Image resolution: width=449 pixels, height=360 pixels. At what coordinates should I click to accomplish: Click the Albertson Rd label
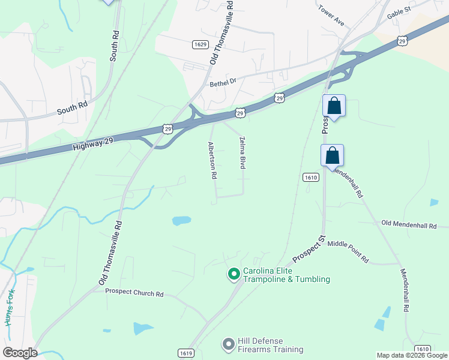pos(212,161)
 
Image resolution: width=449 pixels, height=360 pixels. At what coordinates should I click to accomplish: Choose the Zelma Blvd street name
pos(243,152)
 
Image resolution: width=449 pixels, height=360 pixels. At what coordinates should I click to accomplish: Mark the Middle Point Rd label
pos(348,256)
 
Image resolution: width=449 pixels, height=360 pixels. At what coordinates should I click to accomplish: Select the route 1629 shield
pos(200,44)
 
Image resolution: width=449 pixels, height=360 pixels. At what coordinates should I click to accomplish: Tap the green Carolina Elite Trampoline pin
pos(234,275)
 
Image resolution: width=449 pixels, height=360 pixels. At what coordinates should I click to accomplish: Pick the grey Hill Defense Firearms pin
pos(228,344)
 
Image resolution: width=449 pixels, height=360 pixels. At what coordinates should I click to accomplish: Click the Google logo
pos(20,353)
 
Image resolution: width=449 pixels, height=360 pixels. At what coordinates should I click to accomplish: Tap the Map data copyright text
pos(412,355)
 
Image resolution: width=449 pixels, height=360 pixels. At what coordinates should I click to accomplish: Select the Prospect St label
pos(309,249)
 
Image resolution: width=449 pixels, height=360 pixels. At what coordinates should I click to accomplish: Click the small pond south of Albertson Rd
pos(181,221)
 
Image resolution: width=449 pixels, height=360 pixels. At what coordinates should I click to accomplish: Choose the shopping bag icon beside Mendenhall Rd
pos(332,156)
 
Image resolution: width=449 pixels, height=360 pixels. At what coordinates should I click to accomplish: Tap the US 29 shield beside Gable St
pos(402,40)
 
